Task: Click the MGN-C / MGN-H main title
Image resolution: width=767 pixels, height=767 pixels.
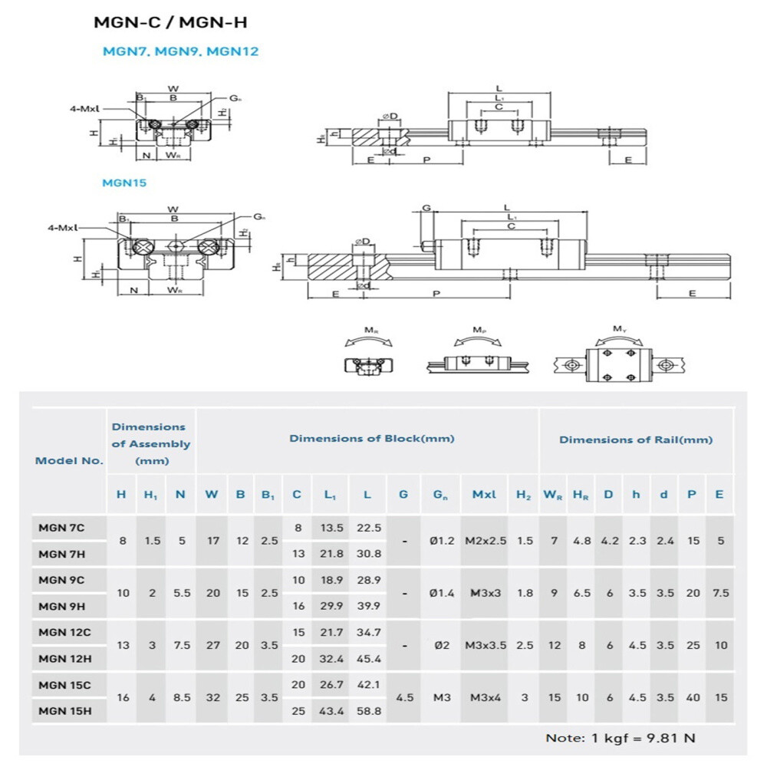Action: tap(171, 22)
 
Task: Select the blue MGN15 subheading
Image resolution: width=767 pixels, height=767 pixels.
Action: tap(124, 183)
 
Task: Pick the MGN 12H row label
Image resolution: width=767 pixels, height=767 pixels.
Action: tap(65, 658)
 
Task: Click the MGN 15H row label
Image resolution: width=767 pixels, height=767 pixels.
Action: tap(65, 711)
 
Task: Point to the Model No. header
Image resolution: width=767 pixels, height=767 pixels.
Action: tap(69, 461)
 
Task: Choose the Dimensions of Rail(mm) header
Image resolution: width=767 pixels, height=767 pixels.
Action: tap(635, 439)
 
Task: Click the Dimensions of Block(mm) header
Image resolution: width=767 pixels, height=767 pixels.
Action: tap(371, 438)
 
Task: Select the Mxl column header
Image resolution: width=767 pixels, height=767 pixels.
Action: tap(484, 495)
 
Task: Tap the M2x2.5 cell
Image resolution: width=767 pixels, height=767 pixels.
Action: tap(486, 541)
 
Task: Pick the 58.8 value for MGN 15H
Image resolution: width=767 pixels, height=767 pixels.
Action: tap(368, 711)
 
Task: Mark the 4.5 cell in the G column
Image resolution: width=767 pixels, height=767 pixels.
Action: tap(403, 698)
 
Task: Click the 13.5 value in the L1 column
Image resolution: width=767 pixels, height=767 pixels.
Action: tap(331, 528)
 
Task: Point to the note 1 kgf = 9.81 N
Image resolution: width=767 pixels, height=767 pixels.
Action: tap(621, 738)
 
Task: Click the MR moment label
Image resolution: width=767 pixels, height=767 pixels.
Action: tap(371, 331)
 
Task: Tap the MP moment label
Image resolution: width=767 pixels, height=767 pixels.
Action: tap(479, 331)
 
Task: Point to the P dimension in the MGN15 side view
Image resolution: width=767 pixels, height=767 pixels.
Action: tap(436, 293)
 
